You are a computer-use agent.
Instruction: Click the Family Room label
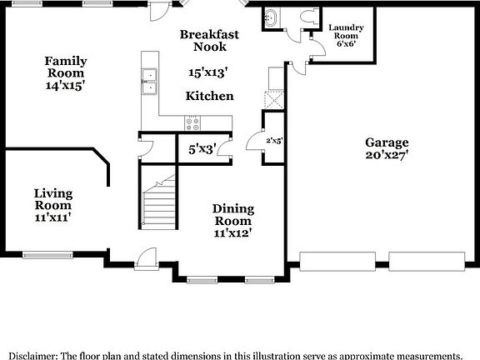66,67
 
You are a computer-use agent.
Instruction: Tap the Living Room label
52,199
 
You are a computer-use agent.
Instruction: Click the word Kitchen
210,97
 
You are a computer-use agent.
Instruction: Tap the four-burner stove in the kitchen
192,123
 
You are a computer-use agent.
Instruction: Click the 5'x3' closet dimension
202,150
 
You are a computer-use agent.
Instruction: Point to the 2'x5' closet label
274,141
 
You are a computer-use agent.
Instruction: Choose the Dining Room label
233,215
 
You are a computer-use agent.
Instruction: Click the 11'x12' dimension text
233,233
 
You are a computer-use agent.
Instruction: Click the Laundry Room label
346,37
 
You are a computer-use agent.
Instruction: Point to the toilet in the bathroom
309,17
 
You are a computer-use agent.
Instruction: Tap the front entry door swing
147,256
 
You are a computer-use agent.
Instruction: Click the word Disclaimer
29,354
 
